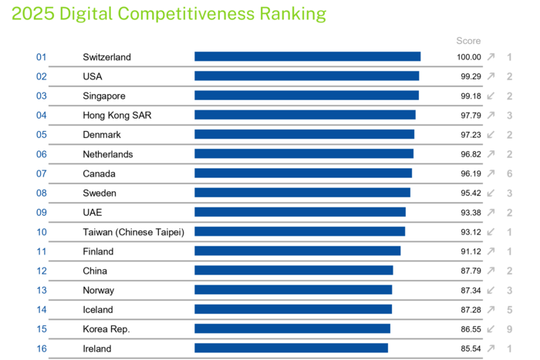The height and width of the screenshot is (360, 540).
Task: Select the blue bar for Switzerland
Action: coord(307,56)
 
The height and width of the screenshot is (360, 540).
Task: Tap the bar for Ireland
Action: coord(291,348)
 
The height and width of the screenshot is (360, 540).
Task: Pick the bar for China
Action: coord(293,271)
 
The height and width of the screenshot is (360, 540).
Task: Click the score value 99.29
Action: coord(470,76)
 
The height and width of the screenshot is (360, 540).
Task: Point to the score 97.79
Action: coord(470,115)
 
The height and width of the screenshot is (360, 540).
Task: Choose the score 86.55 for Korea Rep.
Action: coord(470,328)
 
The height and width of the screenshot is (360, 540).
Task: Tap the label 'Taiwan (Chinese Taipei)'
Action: coord(133,231)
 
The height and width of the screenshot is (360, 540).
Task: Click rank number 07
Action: coord(42,173)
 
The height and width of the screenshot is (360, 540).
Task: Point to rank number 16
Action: coord(42,348)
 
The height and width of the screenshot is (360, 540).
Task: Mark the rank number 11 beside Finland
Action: coord(42,251)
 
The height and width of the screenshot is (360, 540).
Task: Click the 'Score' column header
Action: coord(468,41)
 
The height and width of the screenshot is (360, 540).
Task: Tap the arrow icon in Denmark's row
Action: coord(491,134)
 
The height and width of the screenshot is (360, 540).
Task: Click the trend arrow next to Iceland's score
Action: coord(491,309)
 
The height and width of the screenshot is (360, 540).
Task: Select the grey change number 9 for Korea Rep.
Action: coord(510,328)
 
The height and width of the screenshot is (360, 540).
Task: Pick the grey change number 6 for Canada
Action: coord(510,173)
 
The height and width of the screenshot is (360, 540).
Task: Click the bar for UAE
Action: coord(299,212)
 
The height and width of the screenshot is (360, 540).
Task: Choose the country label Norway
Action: coord(99,290)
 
